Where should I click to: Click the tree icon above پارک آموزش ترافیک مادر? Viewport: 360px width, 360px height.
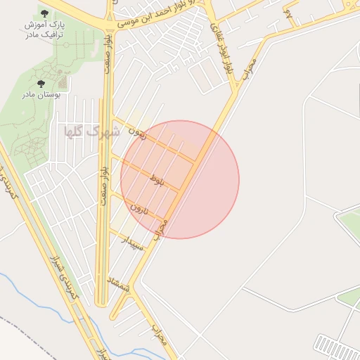coord(45,13)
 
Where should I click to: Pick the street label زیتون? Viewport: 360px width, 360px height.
coord(138,133)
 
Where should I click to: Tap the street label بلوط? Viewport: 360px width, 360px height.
coord(157,181)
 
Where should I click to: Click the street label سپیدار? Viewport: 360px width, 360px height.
coord(133,244)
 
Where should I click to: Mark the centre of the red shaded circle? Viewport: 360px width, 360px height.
coord(180,179)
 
